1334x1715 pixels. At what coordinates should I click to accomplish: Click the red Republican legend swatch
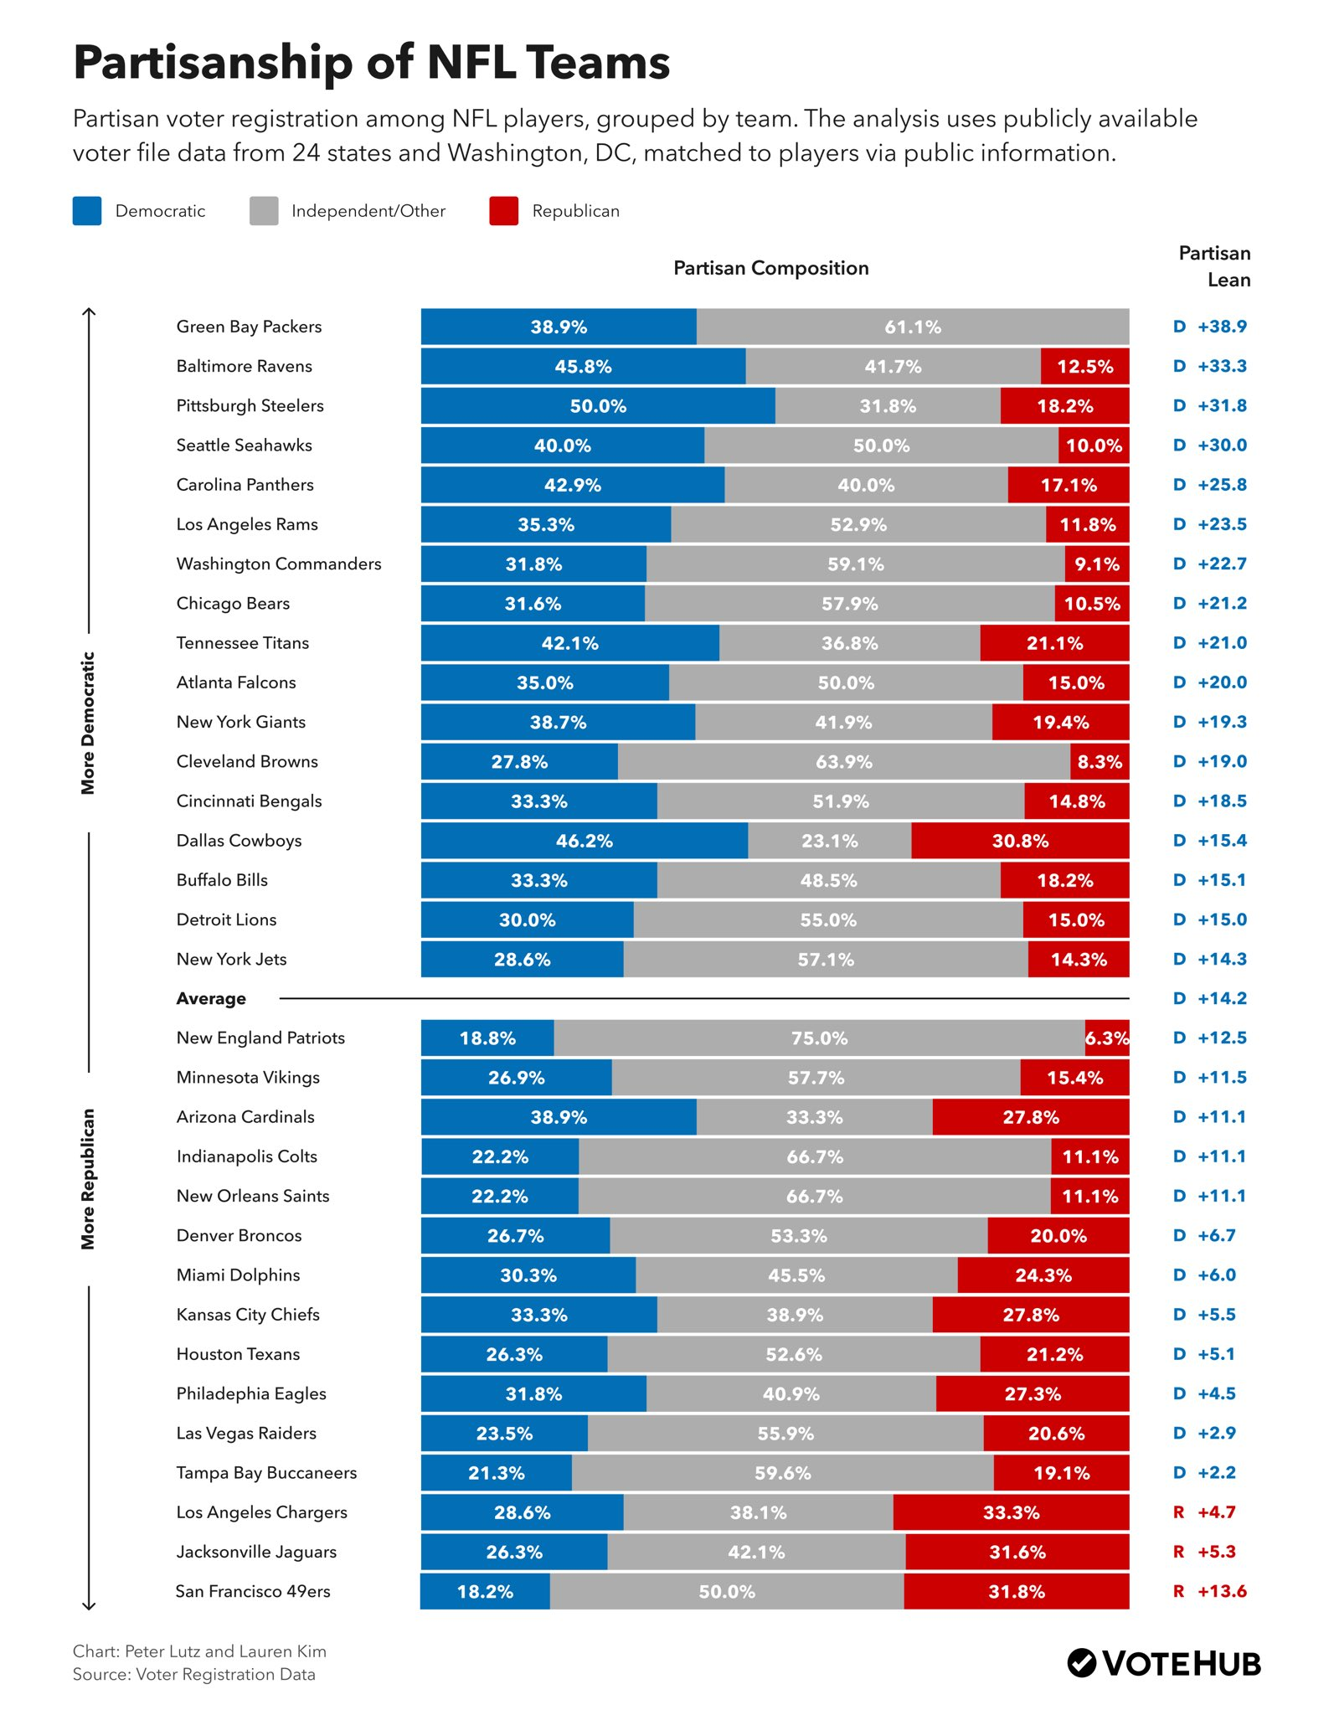[x=503, y=211]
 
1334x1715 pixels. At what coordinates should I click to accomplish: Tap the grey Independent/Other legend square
[x=264, y=211]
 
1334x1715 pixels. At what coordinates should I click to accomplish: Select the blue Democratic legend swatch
[x=87, y=211]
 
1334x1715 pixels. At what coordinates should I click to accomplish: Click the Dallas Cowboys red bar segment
[x=1019, y=841]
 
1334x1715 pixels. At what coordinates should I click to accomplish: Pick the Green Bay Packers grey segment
[x=912, y=327]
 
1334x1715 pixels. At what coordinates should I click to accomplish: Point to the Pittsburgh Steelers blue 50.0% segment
[x=597, y=406]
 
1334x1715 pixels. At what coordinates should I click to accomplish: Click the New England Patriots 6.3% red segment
[x=1106, y=1038]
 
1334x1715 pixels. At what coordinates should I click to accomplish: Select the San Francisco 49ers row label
[x=252, y=1591]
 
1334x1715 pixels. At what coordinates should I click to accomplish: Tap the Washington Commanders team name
[x=278, y=564]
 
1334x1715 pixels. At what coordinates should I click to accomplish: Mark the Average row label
[x=211, y=998]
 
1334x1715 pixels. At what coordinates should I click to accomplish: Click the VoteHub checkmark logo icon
[x=1081, y=1663]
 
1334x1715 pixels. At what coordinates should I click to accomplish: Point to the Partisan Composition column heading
[x=770, y=268]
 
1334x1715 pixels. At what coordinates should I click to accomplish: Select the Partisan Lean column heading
[x=1214, y=266]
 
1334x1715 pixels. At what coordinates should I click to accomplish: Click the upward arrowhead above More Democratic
[x=89, y=312]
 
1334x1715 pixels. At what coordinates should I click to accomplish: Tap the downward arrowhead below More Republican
[x=89, y=1605]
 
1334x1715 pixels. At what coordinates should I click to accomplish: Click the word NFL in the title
[x=471, y=62]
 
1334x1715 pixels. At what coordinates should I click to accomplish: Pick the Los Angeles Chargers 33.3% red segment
[x=1011, y=1512]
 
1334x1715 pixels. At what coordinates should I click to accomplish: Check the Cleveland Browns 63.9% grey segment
[x=843, y=762]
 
